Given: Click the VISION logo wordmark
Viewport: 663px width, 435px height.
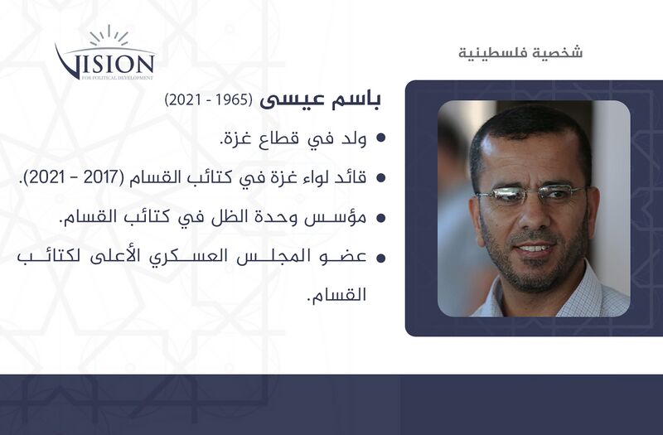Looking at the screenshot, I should point(105,63).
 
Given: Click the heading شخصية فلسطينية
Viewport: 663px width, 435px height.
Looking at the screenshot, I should point(520,53).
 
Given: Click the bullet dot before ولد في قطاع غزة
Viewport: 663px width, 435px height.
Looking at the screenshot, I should point(381,138).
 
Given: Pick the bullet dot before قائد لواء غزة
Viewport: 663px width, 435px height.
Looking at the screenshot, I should point(381,177).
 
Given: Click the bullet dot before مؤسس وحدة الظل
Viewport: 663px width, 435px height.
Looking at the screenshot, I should point(381,217).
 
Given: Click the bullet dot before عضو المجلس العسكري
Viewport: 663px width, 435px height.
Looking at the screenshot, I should point(381,258).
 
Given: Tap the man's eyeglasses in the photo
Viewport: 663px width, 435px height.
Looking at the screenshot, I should point(530,196).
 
